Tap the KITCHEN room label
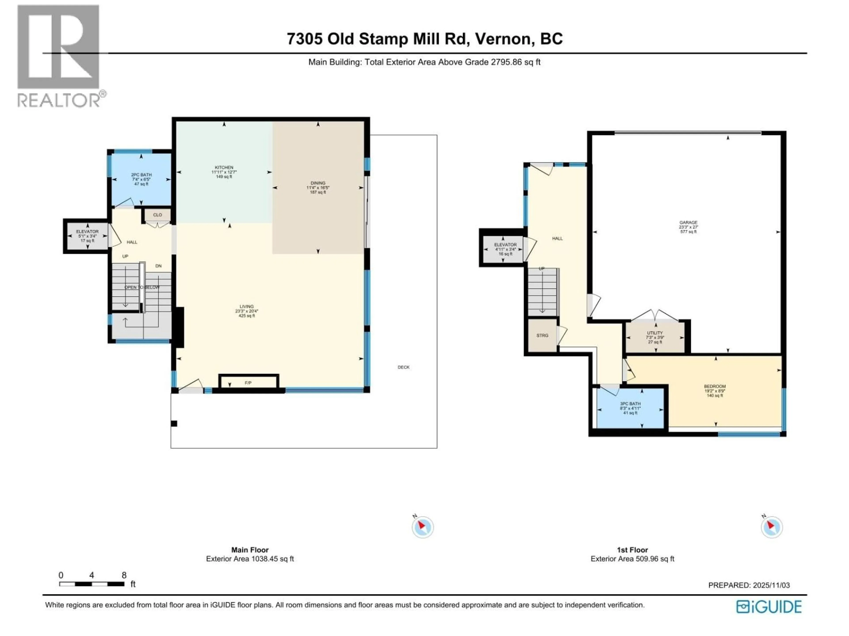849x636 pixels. click(x=224, y=168)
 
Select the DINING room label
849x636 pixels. click(x=318, y=183)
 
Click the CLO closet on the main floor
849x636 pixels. click(x=157, y=215)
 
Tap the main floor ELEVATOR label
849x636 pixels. click(x=88, y=232)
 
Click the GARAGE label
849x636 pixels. click(x=688, y=222)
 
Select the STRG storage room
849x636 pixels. click(x=542, y=335)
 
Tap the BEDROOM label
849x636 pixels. click(x=715, y=386)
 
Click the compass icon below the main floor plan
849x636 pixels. click(x=423, y=527)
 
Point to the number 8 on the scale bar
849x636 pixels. click(x=124, y=575)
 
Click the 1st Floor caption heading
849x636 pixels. click(x=632, y=550)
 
